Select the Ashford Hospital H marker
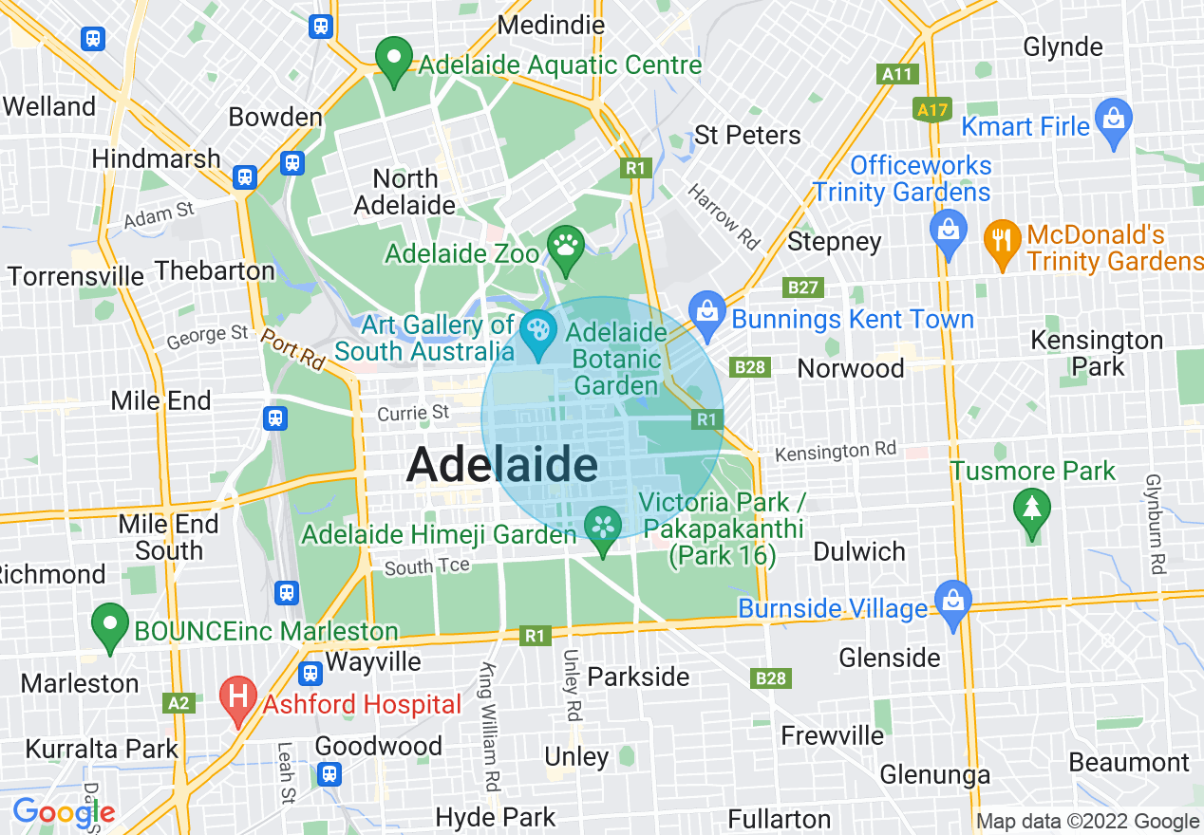click(236, 698)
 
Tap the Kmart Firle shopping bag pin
click(1113, 121)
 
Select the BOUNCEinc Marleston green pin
click(110, 625)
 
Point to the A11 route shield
click(897, 74)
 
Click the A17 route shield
click(932, 110)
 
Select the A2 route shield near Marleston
click(179, 703)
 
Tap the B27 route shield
click(802, 288)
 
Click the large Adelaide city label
click(502, 466)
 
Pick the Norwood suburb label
click(851, 368)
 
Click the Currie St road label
click(413, 413)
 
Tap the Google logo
click(64, 812)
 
